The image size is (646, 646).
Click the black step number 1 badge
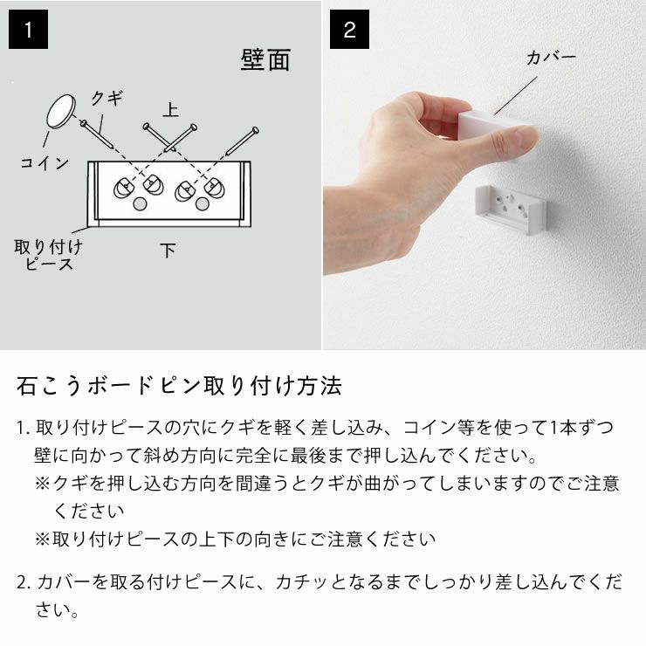tap(29, 30)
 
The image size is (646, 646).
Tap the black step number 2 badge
tap(349, 30)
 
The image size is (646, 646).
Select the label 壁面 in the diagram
tap(265, 60)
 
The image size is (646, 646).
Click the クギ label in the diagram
tap(107, 98)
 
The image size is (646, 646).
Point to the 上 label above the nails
tap(170, 109)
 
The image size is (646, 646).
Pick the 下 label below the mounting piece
tap(168, 251)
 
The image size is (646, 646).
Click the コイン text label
tap(45, 162)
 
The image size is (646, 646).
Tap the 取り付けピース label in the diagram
tap(49, 254)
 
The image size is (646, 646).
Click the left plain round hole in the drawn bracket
tap(140, 204)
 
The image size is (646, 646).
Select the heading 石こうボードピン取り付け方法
tap(180, 385)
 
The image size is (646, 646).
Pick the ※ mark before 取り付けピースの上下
tap(42, 539)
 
